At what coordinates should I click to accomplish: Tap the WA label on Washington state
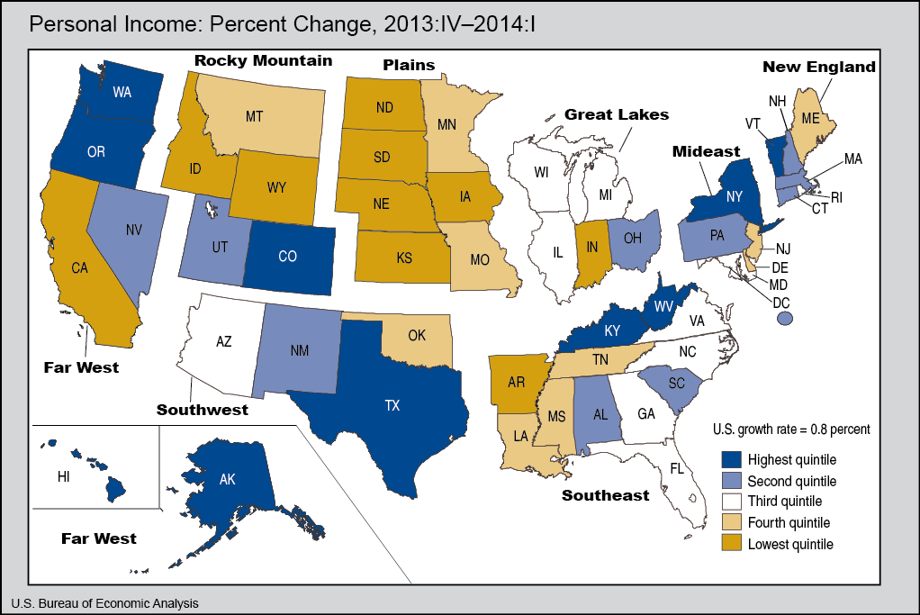point(123,92)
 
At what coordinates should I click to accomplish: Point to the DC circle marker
point(785,318)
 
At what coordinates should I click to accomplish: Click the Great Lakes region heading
point(617,114)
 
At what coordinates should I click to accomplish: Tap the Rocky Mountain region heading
point(263,61)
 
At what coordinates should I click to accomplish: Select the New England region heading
point(819,67)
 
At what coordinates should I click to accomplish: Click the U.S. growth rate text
point(790,429)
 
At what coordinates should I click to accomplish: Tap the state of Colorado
point(287,256)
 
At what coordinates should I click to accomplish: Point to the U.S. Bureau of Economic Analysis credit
point(105,602)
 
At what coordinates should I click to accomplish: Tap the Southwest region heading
point(203,410)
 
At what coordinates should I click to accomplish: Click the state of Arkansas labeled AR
point(516,381)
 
